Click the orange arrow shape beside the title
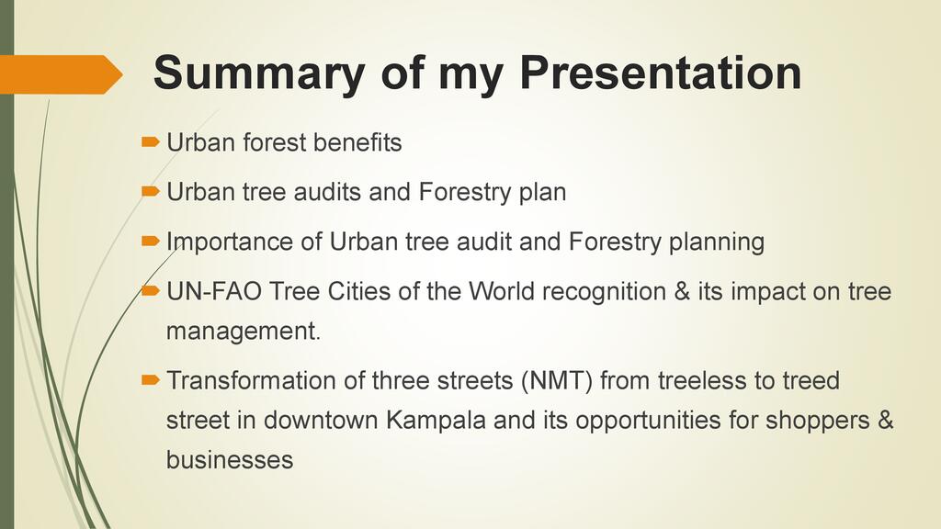(x=61, y=74)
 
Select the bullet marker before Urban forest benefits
(x=150, y=142)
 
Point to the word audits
(x=327, y=192)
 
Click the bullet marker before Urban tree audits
(x=150, y=192)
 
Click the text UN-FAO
(x=214, y=291)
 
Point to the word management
(x=244, y=332)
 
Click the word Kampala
(x=436, y=421)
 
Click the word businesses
(x=230, y=460)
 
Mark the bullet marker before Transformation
(x=150, y=379)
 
